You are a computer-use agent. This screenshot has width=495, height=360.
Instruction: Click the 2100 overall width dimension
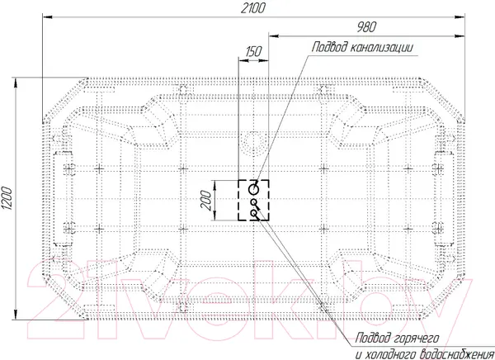[253, 7]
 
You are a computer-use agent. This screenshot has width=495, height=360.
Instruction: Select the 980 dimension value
[366, 27]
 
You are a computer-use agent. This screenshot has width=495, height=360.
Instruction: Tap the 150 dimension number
[253, 51]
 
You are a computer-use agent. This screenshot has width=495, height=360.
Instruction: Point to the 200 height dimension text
[206, 201]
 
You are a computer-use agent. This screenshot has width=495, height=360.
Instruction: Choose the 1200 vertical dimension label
[7, 198]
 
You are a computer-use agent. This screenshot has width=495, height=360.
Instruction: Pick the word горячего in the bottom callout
[417, 339]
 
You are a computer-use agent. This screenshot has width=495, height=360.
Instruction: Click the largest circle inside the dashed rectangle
[253, 189]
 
